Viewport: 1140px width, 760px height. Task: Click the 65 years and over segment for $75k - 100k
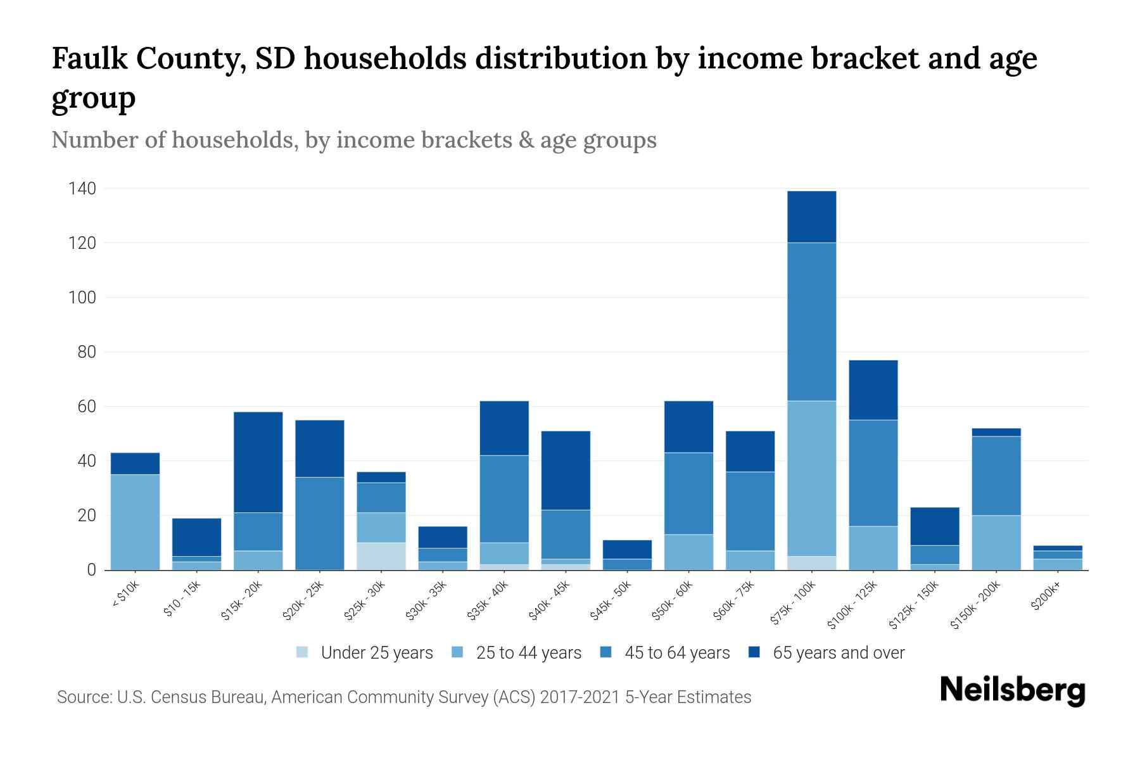coord(811,217)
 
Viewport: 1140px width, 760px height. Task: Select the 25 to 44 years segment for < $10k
coord(135,522)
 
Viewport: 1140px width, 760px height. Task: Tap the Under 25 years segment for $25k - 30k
coord(381,556)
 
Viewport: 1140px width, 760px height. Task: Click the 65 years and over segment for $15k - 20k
coord(258,462)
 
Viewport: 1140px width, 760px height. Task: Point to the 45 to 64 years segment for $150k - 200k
coord(996,476)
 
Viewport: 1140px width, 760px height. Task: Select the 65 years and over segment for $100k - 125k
coord(873,390)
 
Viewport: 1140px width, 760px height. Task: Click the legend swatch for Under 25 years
coord(303,652)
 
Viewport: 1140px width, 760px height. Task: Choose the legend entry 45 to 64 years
coord(676,652)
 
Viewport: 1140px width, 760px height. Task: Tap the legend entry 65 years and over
coord(838,652)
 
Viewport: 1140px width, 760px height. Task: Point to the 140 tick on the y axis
coord(82,189)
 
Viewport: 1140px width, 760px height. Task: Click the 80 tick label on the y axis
coord(86,352)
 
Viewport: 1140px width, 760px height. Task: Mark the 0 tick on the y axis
coord(91,570)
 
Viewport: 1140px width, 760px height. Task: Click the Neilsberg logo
coord(1012,690)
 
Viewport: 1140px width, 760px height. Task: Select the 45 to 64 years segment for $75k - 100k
coord(811,322)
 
